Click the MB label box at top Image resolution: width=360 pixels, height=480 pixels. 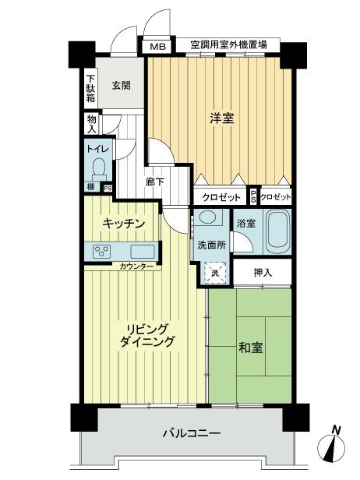coord(157,46)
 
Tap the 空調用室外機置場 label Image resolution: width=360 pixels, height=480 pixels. coord(228,46)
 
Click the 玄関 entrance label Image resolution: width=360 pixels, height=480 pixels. coord(119,85)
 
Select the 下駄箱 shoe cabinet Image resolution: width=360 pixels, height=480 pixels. coord(91,88)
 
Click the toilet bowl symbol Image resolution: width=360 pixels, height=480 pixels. coord(99,168)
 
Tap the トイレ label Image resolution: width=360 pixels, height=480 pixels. coord(98,146)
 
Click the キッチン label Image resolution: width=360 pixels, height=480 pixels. coord(124,224)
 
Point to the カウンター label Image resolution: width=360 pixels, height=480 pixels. coord(136,266)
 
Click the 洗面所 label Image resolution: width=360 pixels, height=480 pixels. coord(211,243)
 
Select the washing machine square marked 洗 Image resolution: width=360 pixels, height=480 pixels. coord(214,273)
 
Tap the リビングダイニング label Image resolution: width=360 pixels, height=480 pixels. coord(146,335)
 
